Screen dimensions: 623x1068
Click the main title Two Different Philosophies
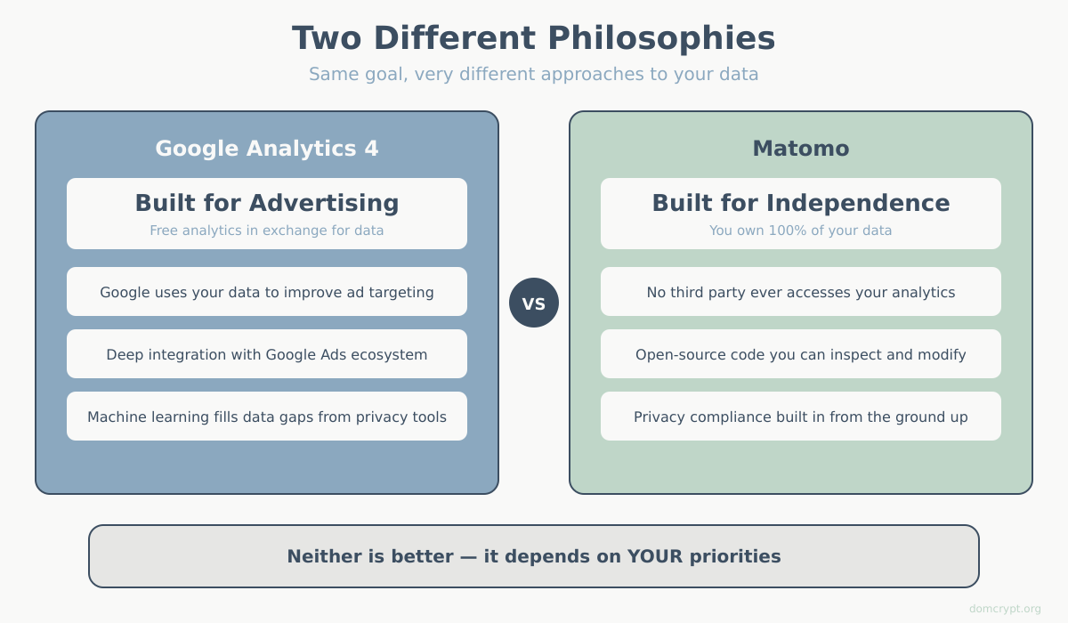pos(533,38)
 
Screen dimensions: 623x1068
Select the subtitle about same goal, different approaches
pos(533,74)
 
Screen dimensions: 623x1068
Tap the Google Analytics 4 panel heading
pos(266,149)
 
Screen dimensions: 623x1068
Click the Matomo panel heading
pos(800,149)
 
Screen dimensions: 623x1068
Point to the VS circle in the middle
pos(533,303)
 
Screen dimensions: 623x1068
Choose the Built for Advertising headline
pos(266,203)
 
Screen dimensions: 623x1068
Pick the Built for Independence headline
pos(800,203)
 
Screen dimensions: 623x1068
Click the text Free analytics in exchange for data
pos(266,231)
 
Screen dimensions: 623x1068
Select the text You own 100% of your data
pos(800,231)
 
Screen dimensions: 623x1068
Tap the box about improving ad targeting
pos(266,292)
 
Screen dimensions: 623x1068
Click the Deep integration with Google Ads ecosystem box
pos(266,354)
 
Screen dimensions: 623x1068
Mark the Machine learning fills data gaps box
pos(266,417)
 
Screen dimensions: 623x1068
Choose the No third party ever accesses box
pos(800,292)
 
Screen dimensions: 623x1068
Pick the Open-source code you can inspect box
pos(800,354)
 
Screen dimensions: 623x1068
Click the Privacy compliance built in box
pos(800,417)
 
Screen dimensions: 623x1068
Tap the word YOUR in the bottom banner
pos(654,556)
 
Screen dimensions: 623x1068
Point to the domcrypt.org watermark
pos(1005,609)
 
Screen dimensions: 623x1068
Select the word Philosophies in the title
pos(661,38)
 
